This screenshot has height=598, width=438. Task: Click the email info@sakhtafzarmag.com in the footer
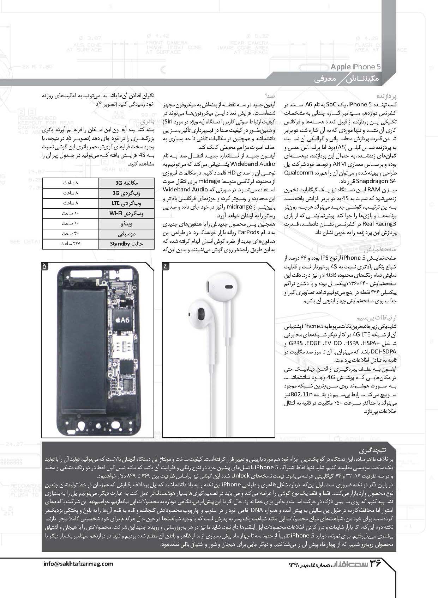click(x=78, y=563)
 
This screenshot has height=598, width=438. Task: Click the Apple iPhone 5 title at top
click(x=355, y=67)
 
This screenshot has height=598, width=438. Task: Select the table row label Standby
click(x=126, y=244)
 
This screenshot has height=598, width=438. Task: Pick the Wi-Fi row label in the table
click(x=126, y=213)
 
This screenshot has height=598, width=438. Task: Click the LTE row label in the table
click(x=126, y=203)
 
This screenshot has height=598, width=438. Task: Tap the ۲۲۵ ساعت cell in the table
click(x=71, y=244)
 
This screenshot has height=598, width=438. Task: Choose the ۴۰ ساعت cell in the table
click(x=71, y=234)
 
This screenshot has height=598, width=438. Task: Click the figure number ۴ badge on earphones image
click(x=166, y=266)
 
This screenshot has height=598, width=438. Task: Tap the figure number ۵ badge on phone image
click(x=45, y=266)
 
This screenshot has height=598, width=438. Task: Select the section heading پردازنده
click(x=387, y=96)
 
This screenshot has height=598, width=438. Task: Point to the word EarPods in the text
click(x=248, y=233)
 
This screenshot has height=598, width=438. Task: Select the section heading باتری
click(x=148, y=122)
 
